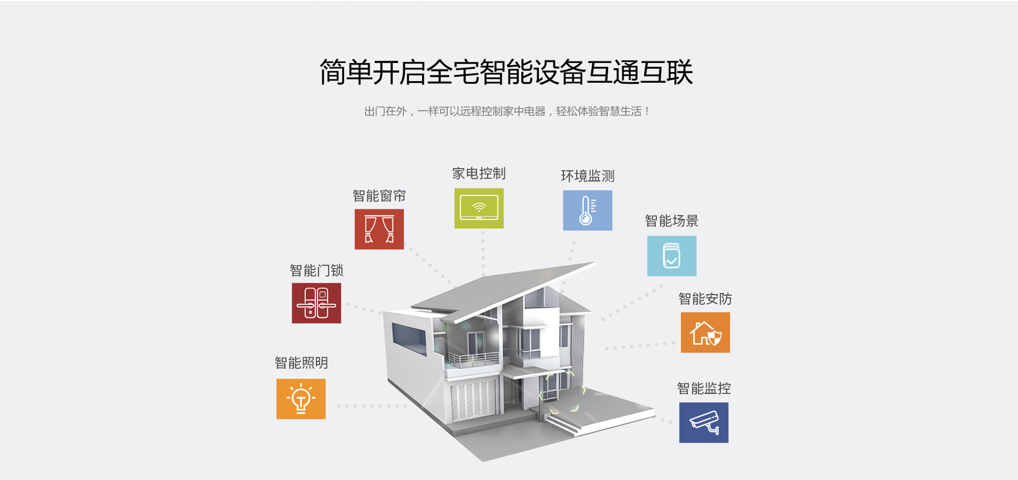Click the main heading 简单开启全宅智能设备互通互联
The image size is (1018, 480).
click(x=506, y=73)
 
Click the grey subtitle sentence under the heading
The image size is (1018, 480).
click(x=506, y=111)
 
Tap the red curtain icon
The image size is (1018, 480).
click(x=379, y=229)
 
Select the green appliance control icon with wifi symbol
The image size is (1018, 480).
click(x=479, y=208)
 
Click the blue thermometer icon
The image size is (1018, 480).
click(x=587, y=211)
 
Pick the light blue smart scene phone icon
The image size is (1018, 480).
click(x=672, y=256)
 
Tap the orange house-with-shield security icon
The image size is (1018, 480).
click(x=705, y=333)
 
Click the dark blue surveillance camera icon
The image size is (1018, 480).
click(x=704, y=423)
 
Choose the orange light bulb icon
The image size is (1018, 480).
click(x=301, y=399)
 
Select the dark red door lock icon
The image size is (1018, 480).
click(x=316, y=303)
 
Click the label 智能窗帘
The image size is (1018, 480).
click(x=379, y=196)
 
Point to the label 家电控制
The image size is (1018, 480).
click(x=479, y=173)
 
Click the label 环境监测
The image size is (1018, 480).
click(x=587, y=176)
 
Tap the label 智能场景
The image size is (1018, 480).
click(x=672, y=221)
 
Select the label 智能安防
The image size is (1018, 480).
click(x=705, y=299)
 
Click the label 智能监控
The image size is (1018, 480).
click(x=704, y=389)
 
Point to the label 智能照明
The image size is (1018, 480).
click(x=301, y=363)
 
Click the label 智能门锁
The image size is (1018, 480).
click(x=317, y=271)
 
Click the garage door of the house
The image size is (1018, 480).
click(x=472, y=400)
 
